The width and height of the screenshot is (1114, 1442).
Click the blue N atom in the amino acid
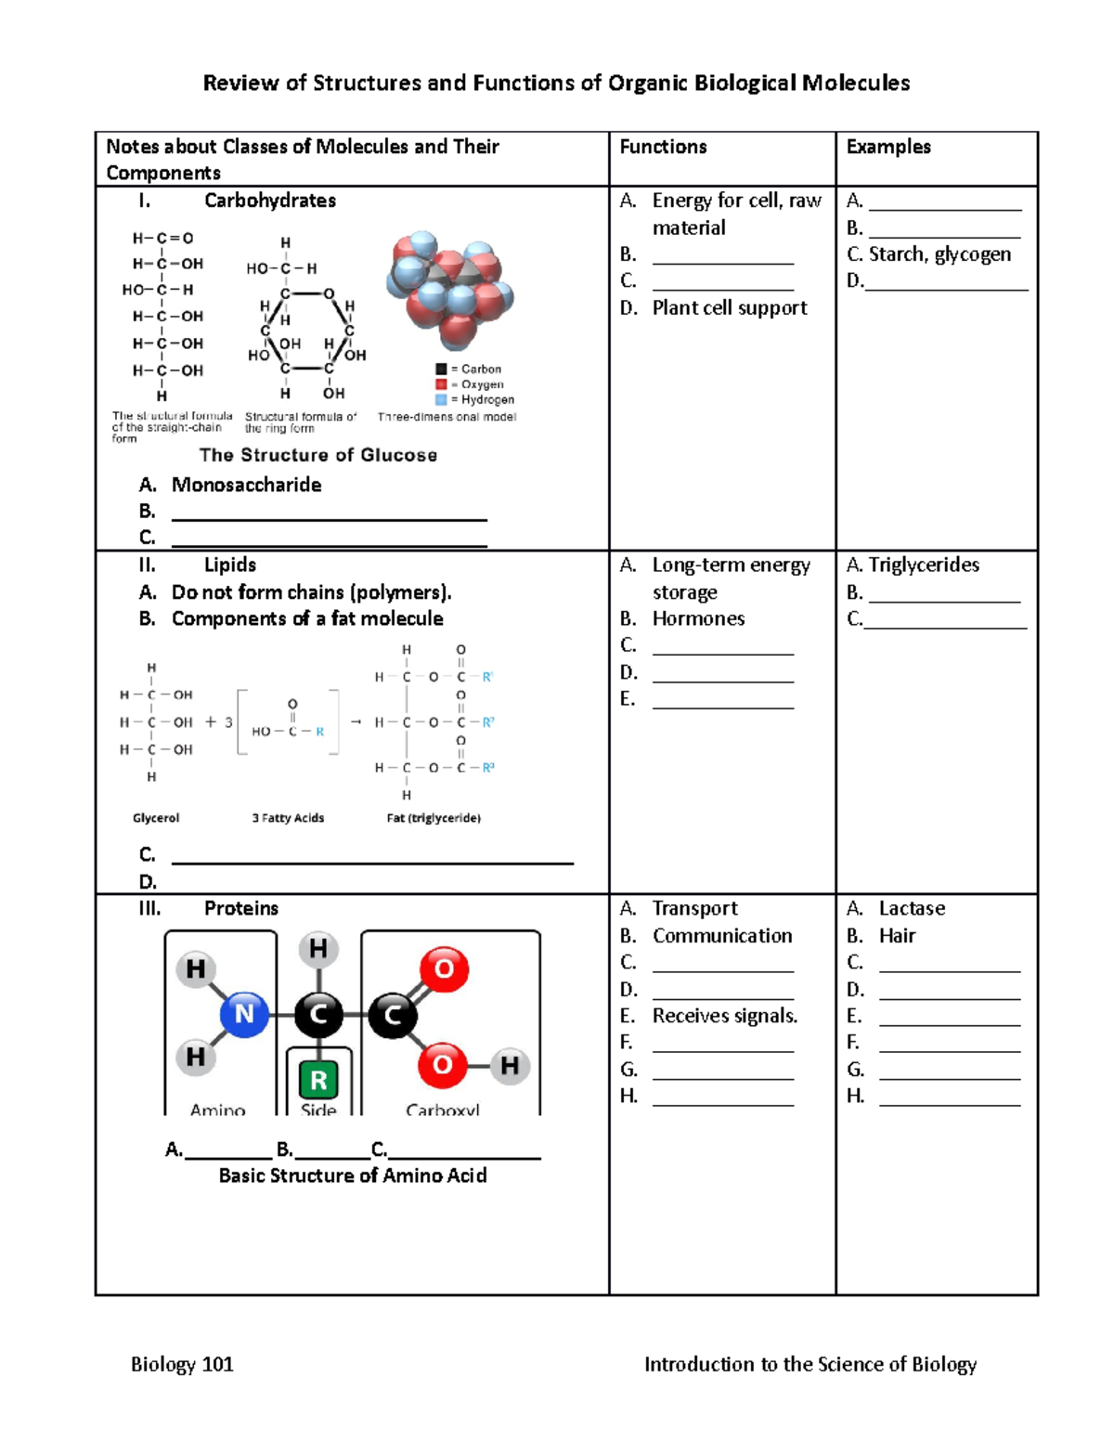[x=244, y=1014]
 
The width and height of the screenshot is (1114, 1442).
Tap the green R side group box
[x=318, y=1080]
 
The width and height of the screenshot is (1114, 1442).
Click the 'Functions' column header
[x=663, y=147]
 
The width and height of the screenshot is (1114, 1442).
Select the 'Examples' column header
[x=888, y=147]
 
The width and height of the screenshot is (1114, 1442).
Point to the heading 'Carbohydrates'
[x=270, y=201]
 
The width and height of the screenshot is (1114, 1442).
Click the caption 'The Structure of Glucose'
[x=317, y=455]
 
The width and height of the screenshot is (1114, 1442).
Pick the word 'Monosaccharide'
[x=246, y=485]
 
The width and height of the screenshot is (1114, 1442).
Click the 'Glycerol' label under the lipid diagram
[x=156, y=818]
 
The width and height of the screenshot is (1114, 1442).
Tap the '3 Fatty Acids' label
[x=288, y=818]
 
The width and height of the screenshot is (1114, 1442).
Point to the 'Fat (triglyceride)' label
[x=434, y=818]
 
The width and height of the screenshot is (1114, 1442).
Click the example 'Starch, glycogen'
[x=939, y=254]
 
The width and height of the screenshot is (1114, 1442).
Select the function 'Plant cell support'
[x=730, y=308]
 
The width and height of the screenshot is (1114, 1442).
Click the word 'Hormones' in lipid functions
[x=698, y=618]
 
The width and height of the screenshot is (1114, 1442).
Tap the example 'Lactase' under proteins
[x=912, y=908]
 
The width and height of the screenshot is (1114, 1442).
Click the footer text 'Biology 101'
[x=182, y=1364]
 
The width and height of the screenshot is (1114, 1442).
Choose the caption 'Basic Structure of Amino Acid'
[x=353, y=1176]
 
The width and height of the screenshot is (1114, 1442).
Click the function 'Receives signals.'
[x=725, y=1016]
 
